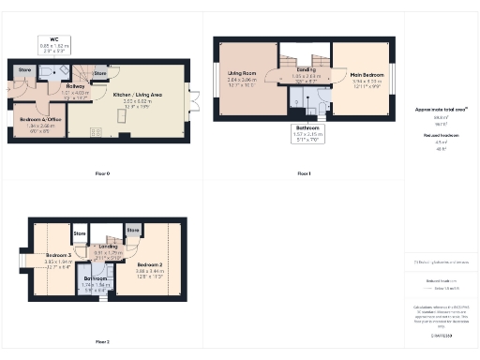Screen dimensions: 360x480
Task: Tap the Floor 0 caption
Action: click(102, 173)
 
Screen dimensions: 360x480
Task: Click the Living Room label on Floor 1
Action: click(242, 82)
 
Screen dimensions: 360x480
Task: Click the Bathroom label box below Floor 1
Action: click(307, 132)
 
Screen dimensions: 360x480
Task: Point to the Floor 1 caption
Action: click(303, 173)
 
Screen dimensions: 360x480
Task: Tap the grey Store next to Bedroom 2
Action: click(134, 230)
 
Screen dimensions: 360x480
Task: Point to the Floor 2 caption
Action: click(102, 341)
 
